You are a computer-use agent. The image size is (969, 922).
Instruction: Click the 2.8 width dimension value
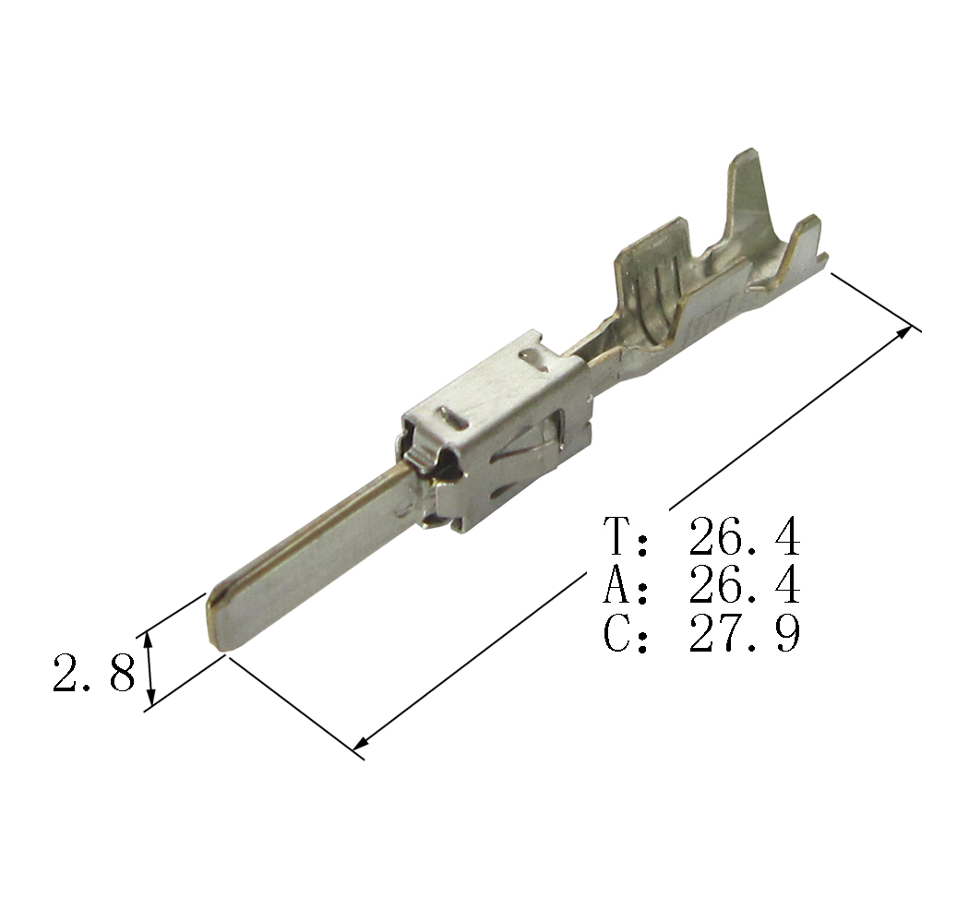[94, 673]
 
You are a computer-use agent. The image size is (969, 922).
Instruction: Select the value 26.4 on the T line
[745, 536]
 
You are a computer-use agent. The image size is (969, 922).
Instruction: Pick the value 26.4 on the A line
[745, 585]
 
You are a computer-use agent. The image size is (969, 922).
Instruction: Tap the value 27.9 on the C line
[745, 633]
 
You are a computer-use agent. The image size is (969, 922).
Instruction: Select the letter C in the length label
[618, 633]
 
